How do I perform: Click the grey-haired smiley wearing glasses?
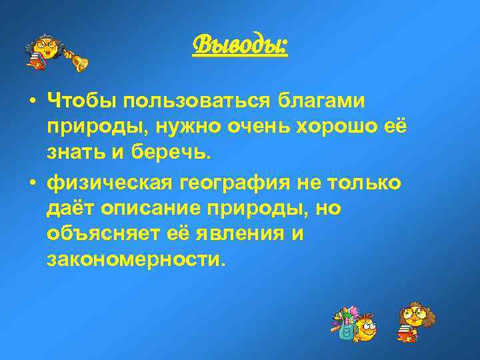point(44,50)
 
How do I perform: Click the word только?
point(369,182)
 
